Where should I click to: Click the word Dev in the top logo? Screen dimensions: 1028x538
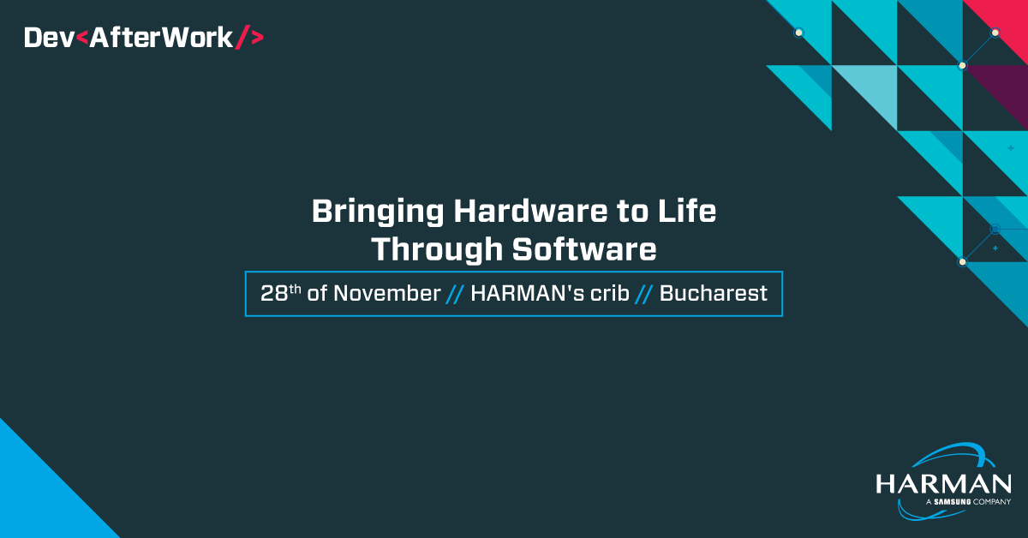click(49, 38)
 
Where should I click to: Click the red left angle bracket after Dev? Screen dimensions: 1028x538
click(81, 38)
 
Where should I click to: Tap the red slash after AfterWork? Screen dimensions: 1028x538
click(242, 37)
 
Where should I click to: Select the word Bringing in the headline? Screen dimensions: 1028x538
click(378, 212)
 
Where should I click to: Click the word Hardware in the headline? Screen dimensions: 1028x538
click(530, 211)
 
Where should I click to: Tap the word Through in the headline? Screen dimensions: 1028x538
click(437, 250)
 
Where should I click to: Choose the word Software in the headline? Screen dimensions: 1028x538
click(584, 249)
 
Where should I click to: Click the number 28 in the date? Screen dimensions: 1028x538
click(274, 294)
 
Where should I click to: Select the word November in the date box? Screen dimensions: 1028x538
click(387, 294)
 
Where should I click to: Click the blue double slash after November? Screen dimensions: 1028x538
click(455, 294)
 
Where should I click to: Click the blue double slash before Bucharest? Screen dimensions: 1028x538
click(644, 294)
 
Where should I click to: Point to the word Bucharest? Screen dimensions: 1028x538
click(713, 293)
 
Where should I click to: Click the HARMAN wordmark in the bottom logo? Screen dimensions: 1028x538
click(943, 484)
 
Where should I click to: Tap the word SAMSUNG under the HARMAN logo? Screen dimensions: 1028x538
click(953, 502)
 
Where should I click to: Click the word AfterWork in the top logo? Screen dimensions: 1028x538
click(162, 38)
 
